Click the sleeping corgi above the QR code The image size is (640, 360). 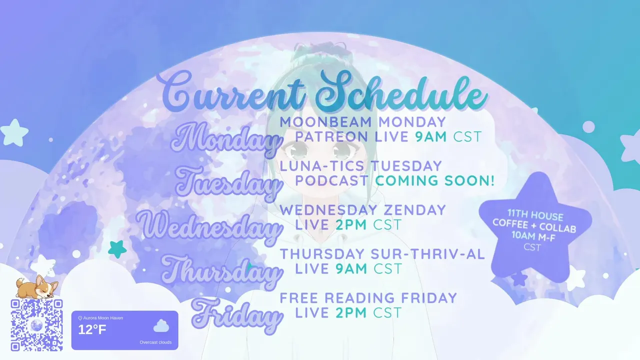click(x=37, y=287)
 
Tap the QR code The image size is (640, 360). click(x=36, y=325)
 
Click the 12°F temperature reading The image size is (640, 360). click(x=92, y=329)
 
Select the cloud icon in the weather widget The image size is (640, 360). click(x=161, y=326)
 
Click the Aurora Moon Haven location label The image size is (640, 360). click(x=100, y=318)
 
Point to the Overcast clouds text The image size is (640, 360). click(x=155, y=342)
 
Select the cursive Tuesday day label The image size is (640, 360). click(x=227, y=183)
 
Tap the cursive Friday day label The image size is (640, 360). click(x=237, y=315)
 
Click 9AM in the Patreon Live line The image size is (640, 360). click(x=431, y=137)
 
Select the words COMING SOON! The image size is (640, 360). click(x=434, y=180)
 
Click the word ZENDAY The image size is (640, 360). click(x=414, y=210)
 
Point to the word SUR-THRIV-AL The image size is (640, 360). click(x=427, y=254)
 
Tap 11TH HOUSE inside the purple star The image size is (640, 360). click(x=535, y=215)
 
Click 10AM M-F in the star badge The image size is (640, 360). click(x=533, y=236)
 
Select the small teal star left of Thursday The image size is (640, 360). click(x=117, y=249)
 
